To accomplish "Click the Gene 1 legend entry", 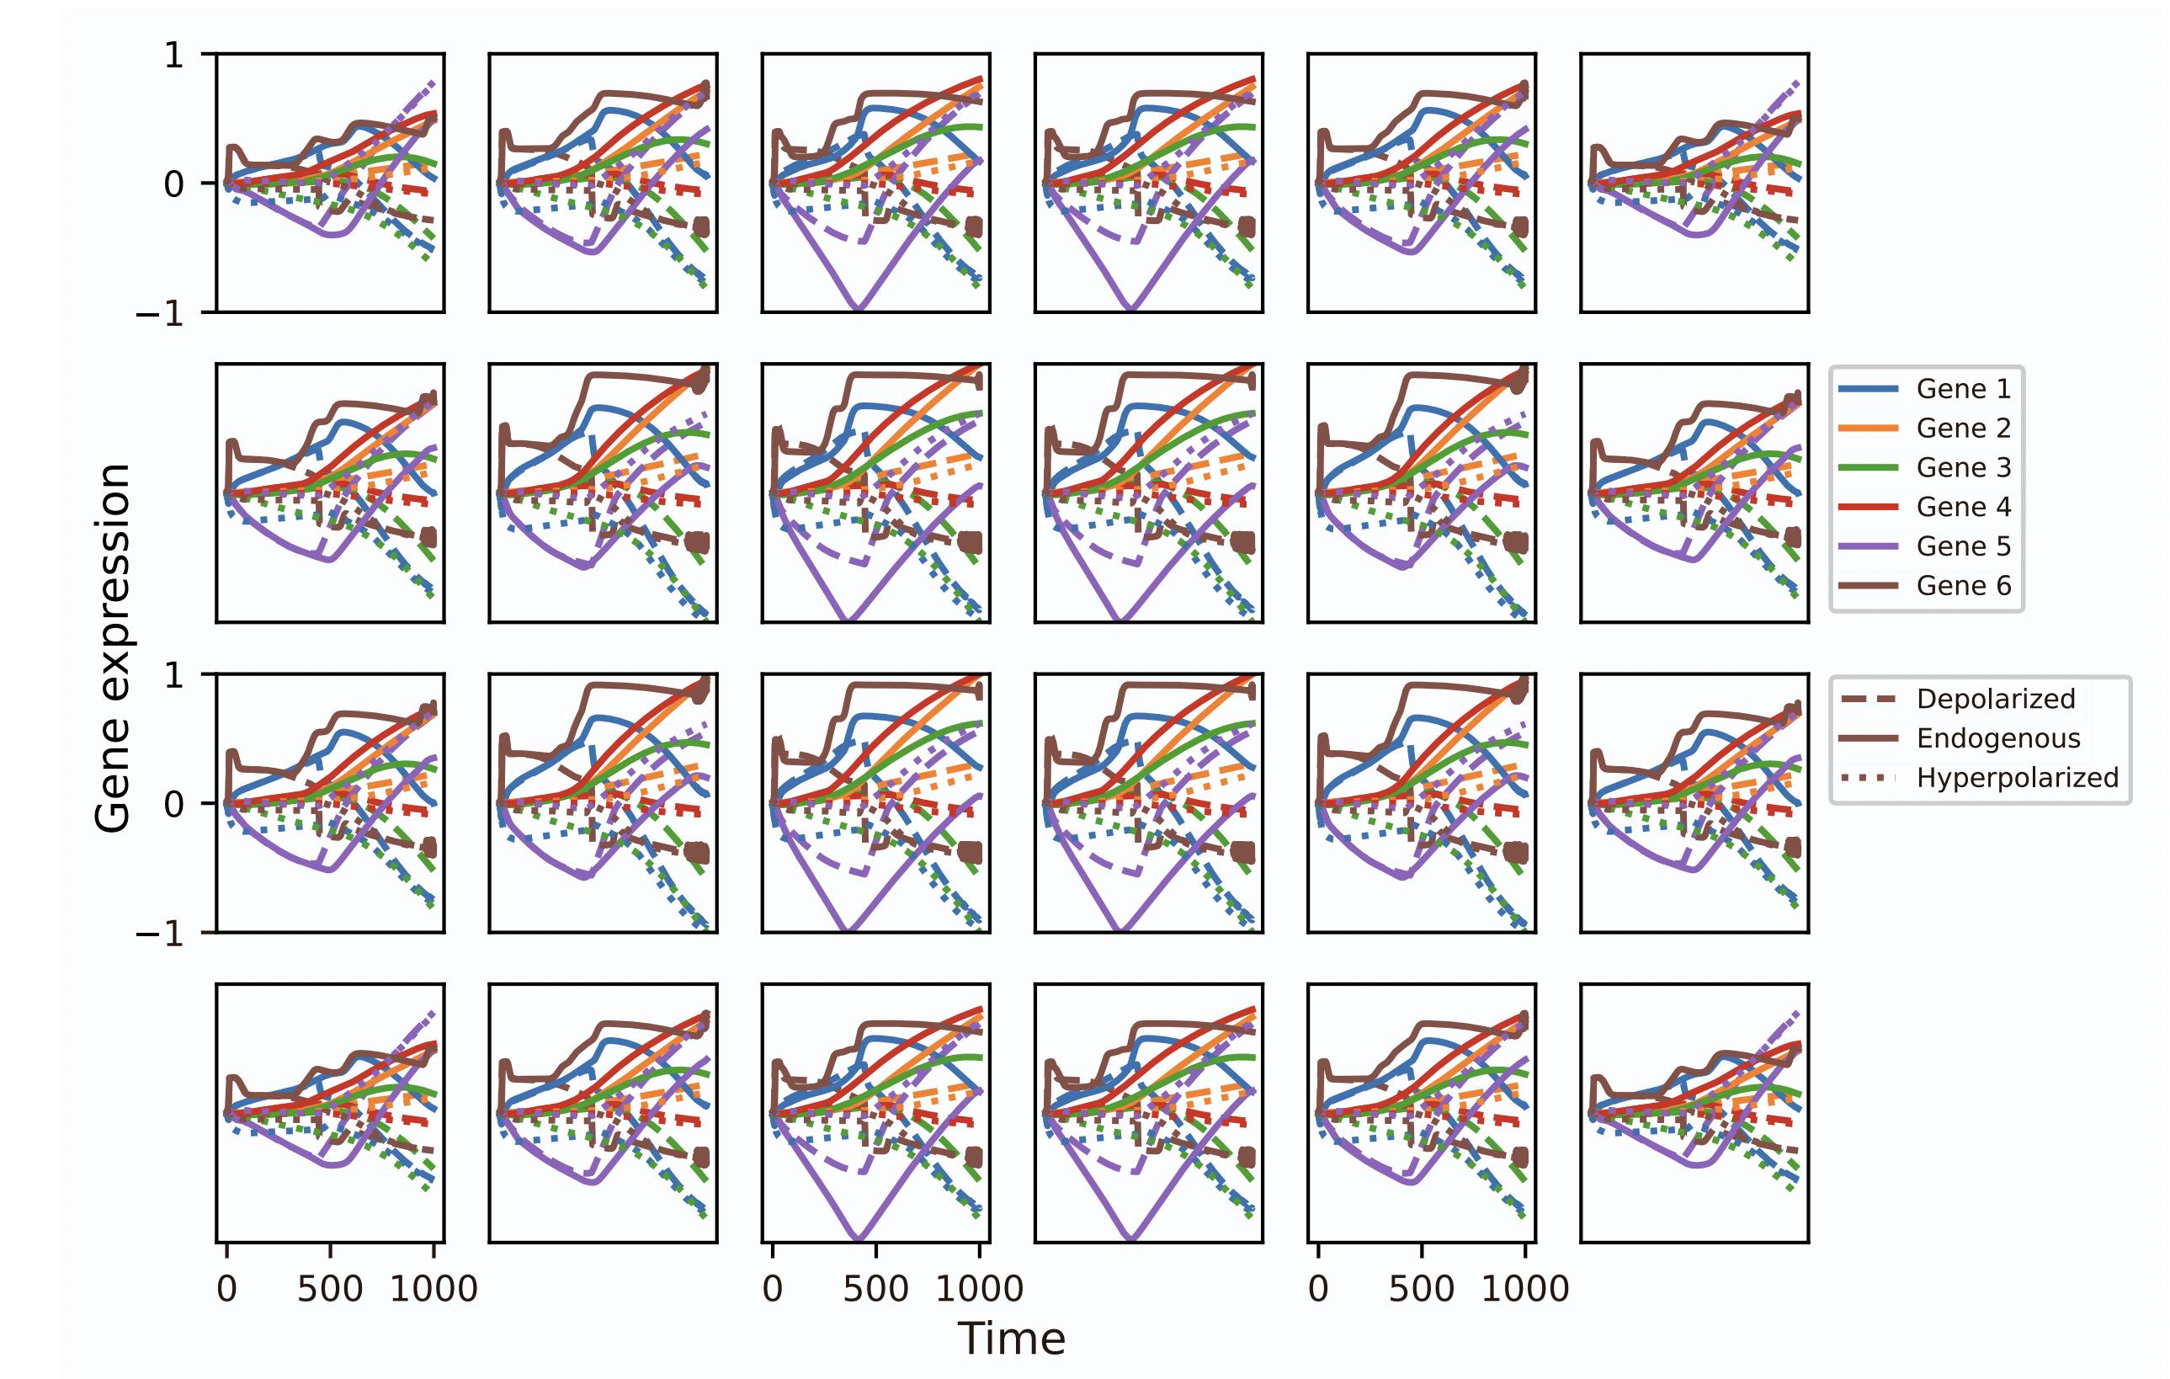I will click(1963, 388).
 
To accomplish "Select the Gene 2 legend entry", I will click(1963, 429).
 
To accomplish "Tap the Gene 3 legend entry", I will click(1963, 468).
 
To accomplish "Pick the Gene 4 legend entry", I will click(1963, 507).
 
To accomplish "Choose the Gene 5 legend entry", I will click(1963, 546).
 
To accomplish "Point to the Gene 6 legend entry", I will click(1963, 586).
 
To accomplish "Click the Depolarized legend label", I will click(1995, 699).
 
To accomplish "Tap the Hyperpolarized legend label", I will click(2017, 778).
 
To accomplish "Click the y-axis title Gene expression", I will click(114, 648).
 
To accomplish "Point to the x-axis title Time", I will click(1011, 1339).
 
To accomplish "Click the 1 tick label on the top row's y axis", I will click(174, 56).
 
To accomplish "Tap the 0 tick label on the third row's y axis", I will click(174, 804).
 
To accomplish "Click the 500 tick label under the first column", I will click(330, 1289).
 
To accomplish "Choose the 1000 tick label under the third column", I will click(980, 1289).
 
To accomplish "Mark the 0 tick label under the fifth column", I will click(1317, 1289).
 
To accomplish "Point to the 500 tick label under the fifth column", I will click(1421, 1289).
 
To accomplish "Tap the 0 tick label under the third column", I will click(773, 1289).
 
